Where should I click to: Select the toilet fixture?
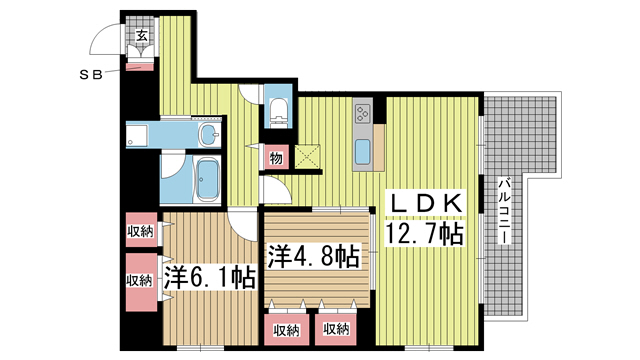[278, 108]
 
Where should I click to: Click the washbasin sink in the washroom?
[209, 134]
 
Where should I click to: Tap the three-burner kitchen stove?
[361, 114]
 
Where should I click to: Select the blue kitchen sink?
[363, 153]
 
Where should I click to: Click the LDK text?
[425, 204]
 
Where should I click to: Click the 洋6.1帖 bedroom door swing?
[241, 225]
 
